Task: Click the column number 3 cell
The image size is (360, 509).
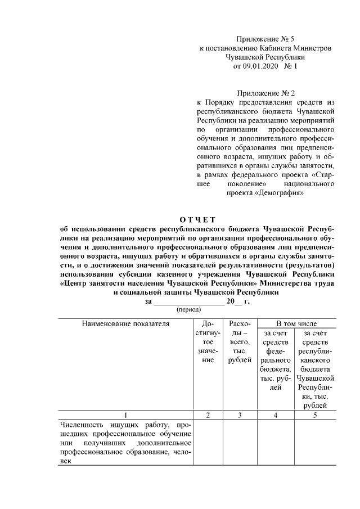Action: pyautogui.click(x=240, y=415)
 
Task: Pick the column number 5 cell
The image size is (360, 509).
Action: pyautogui.click(x=315, y=415)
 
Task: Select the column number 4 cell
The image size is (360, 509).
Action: pyautogui.click(x=276, y=415)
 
